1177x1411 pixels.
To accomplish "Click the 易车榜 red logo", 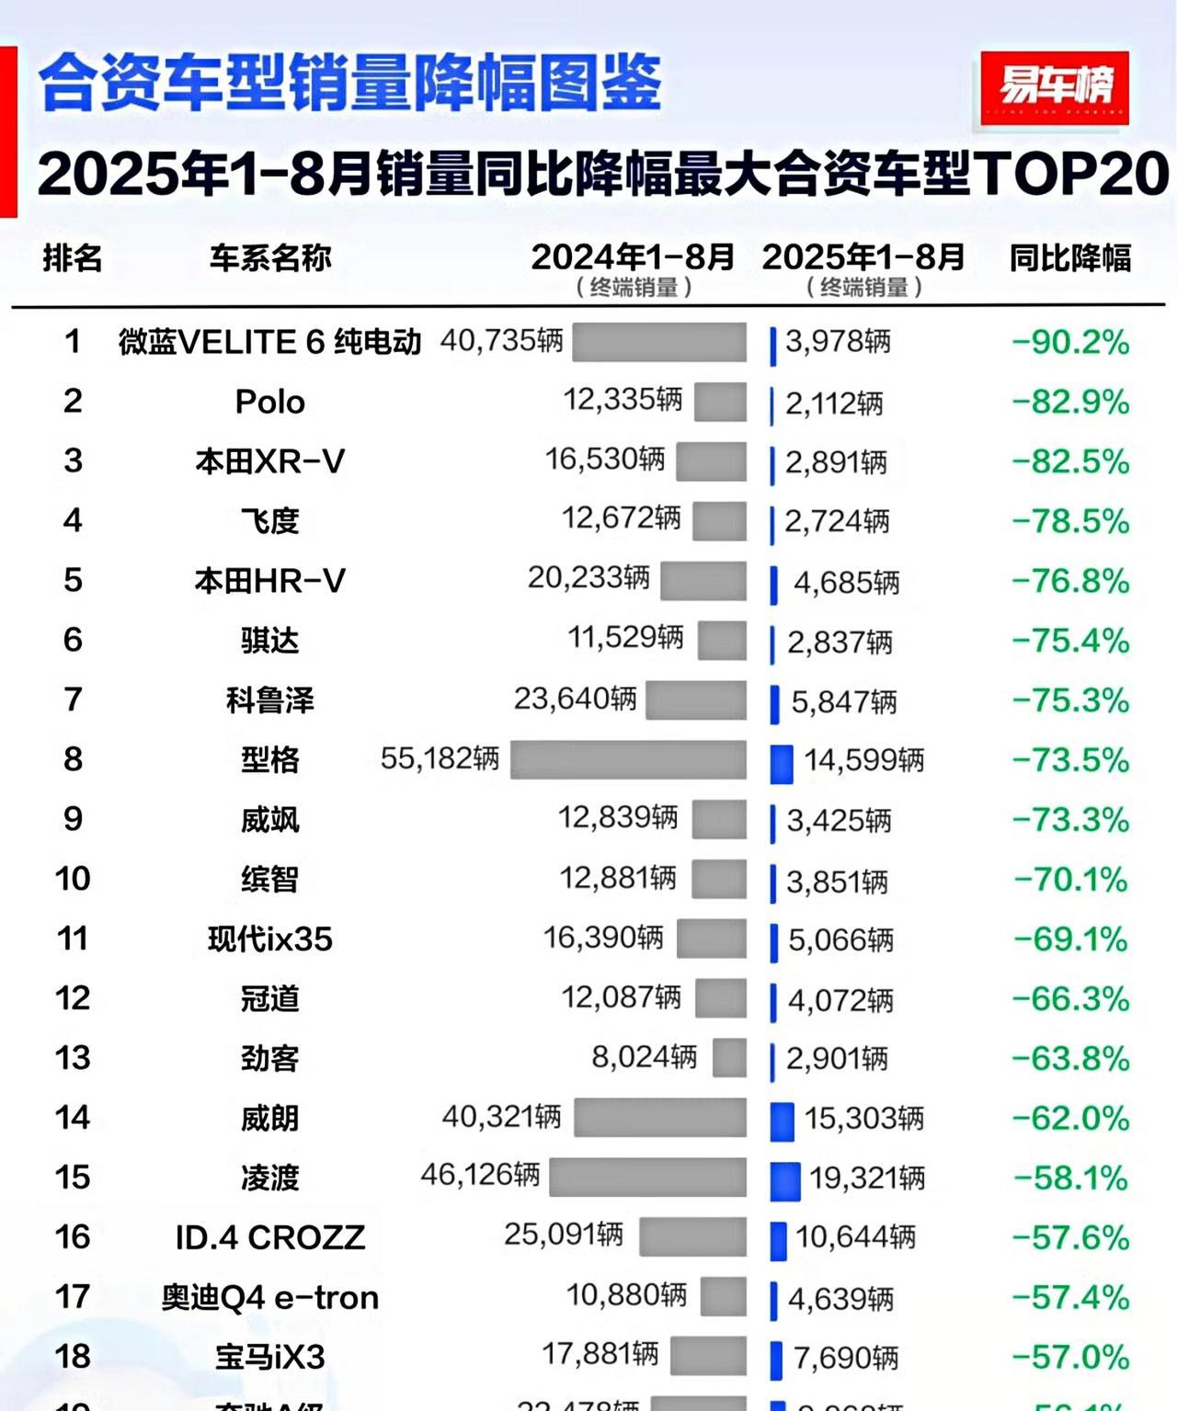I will [1055, 88].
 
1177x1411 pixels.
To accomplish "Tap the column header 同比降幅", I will [1069, 258].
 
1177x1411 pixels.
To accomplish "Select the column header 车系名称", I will [269, 258].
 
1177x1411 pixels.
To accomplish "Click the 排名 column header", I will [72, 258].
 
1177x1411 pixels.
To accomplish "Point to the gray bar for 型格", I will [628, 759].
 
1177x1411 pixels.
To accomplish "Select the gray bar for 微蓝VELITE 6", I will [658, 342].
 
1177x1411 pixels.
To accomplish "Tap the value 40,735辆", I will [501, 341].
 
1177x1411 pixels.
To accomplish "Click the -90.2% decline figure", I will [1070, 343].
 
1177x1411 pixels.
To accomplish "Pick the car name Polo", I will [269, 402].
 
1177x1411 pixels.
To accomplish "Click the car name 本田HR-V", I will [269, 581].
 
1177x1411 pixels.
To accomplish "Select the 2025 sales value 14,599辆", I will [863, 760].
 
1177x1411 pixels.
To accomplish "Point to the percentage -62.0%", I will [1070, 1119].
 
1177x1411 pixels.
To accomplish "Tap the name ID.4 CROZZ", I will [269, 1238].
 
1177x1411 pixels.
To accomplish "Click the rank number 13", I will [73, 1058].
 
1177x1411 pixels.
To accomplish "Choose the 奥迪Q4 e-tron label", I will [269, 1297].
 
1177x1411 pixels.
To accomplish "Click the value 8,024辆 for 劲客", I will [644, 1057].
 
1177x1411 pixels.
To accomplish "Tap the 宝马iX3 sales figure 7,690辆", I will [845, 1358].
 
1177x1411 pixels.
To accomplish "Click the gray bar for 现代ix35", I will [712, 939].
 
